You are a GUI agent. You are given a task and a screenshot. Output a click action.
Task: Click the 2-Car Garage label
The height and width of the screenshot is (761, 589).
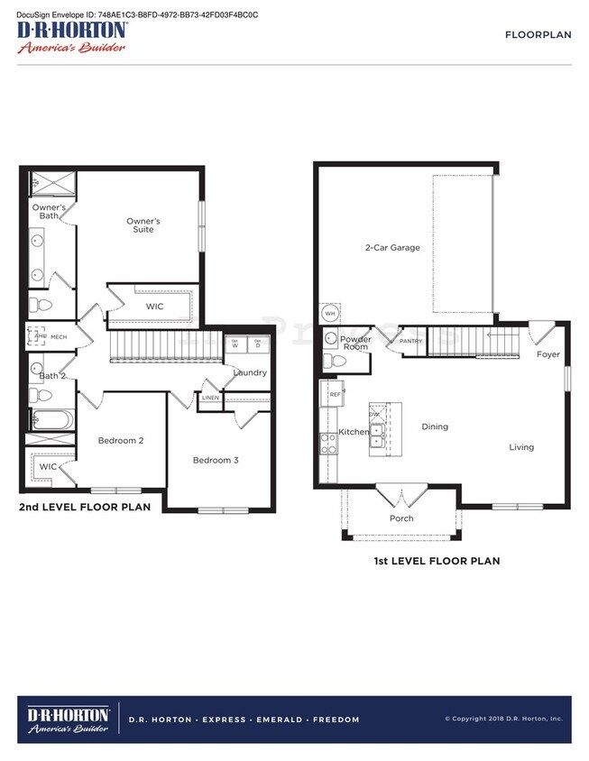click(392, 247)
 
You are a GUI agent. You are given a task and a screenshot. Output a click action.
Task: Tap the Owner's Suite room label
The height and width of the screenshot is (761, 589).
click(143, 225)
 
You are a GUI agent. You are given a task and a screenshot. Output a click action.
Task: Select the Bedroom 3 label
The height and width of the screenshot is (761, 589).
click(216, 461)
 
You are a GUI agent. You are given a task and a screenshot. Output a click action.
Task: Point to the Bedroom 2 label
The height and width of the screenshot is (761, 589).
click(121, 441)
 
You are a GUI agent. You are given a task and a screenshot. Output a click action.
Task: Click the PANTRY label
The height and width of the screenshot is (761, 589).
click(411, 342)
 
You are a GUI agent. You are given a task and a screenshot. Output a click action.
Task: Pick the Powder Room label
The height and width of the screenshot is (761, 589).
click(355, 343)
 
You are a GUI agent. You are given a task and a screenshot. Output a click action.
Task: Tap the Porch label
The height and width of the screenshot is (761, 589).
click(401, 518)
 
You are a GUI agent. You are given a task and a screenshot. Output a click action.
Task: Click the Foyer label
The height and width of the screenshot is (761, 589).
click(548, 354)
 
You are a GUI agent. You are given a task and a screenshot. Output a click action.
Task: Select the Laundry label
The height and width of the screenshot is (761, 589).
click(249, 372)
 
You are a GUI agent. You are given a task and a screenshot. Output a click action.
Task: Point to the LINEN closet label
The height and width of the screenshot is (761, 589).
click(209, 398)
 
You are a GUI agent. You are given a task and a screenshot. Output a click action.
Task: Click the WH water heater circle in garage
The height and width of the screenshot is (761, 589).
click(330, 313)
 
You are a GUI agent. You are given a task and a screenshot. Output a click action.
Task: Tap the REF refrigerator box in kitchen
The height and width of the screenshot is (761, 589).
click(334, 394)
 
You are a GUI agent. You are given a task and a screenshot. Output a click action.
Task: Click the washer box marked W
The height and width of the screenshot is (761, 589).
click(235, 344)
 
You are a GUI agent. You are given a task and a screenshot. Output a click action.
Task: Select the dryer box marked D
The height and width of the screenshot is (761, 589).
click(258, 344)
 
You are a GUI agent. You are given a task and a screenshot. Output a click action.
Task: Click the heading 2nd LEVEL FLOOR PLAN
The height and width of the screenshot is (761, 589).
click(85, 507)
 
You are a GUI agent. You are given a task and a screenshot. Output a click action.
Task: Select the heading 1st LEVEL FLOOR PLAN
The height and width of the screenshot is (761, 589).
click(437, 561)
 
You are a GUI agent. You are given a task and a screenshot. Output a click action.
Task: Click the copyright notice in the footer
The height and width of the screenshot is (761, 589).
click(503, 719)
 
